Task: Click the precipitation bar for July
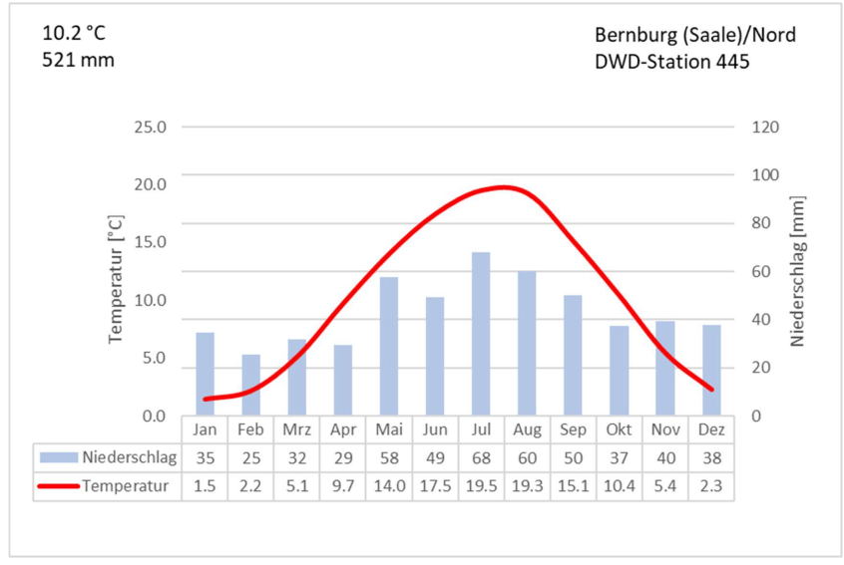pos(481,334)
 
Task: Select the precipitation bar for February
pos(250,385)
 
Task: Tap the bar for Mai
pos(389,346)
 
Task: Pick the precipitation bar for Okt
pos(620,370)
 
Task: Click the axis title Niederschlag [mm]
pos(797,271)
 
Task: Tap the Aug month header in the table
pos(527,429)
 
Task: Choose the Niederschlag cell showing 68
pos(481,458)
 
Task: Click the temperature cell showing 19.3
pos(527,486)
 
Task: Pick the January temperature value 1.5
pos(205,486)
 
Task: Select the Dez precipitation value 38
pos(711,458)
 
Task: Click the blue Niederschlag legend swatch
pos(58,458)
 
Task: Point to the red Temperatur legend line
pos(58,486)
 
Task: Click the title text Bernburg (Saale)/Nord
pos(694,35)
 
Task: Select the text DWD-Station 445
pos(670,61)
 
